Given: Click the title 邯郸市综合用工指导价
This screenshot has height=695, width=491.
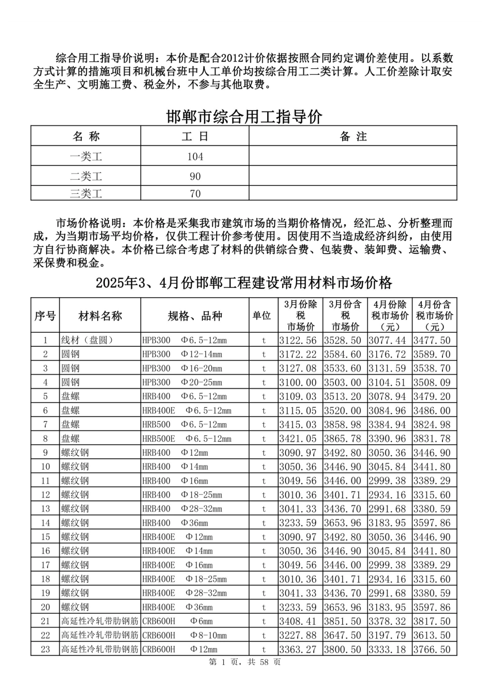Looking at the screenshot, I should pos(244,117).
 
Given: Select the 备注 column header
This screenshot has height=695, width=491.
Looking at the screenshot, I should pos(353,136).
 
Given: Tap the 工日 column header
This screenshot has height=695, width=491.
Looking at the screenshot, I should pos(195,136).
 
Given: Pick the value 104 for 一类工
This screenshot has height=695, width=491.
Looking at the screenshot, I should pos(195,157).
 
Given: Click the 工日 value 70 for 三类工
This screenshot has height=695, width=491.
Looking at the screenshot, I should pos(195,194).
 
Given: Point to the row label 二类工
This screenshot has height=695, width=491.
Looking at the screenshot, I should pos(86,176).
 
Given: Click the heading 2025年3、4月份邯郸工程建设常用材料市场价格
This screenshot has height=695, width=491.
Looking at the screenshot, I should pos(244,283).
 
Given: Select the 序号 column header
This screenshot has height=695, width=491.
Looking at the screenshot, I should pos(45,316).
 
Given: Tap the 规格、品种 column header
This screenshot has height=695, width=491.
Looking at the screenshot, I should pos(195,316).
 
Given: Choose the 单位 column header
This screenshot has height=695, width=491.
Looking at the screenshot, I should pos(262,315).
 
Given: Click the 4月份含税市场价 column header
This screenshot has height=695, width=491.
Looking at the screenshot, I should pos(434,315).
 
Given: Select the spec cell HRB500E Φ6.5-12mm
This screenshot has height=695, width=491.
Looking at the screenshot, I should pos(187,439).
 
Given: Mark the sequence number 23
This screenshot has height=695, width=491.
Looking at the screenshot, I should pos(45,649).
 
